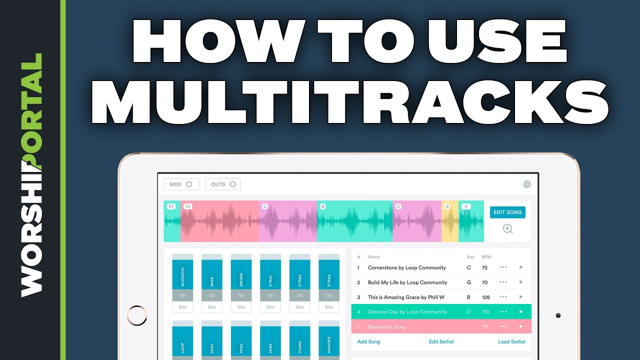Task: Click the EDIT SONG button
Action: [x=507, y=212]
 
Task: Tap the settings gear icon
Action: [x=527, y=184]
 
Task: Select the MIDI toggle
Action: [x=181, y=184]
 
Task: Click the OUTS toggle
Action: [x=223, y=184]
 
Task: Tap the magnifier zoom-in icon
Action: [x=508, y=229]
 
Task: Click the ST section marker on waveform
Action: [x=171, y=206]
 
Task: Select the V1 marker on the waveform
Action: [x=188, y=206]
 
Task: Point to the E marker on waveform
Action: [x=466, y=206]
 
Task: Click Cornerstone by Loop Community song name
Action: [x=406, y=268]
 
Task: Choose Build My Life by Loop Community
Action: [x=407, y=282]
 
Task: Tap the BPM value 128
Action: [x=485, y=297]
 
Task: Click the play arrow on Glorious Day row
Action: [x=521, y=312]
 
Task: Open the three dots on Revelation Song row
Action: [x=503, y=327]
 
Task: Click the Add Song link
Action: [x=368, y=342]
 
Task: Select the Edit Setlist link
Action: [x=441, y=342]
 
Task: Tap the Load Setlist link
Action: [x=511, y=342]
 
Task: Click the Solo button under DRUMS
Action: [x=241, y=307]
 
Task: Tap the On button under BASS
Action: [x=212, y=295]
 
